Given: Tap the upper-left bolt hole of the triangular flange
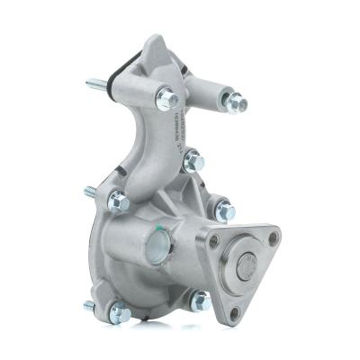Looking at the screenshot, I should (x=215, y=243).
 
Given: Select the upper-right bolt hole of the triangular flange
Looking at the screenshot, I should (x=273, y=237).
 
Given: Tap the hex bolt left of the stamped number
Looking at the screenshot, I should (x=166, y=98).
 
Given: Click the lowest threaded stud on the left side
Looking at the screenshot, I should (x=91, y=305).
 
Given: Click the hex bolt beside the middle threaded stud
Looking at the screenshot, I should (x=118, y=202).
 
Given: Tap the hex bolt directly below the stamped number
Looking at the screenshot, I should (x=193, y=163).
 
